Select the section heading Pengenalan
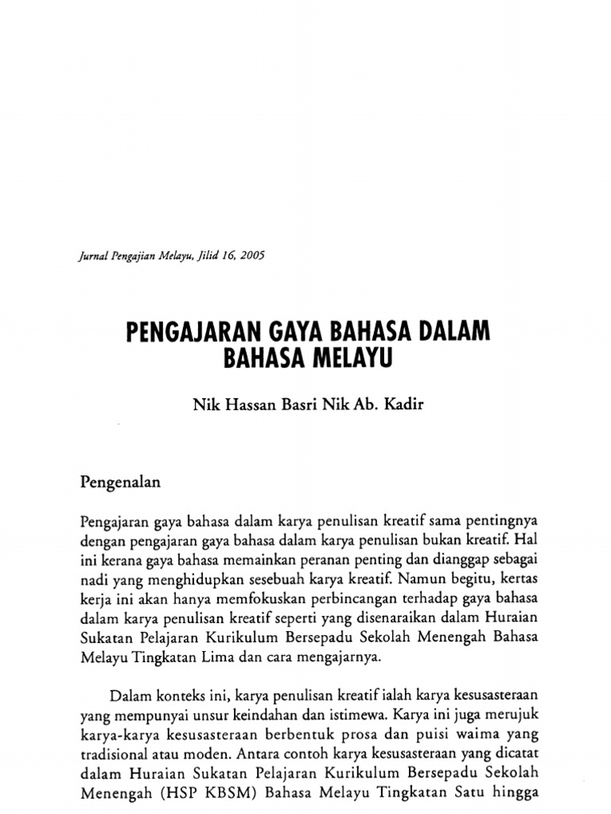(122, 482)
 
